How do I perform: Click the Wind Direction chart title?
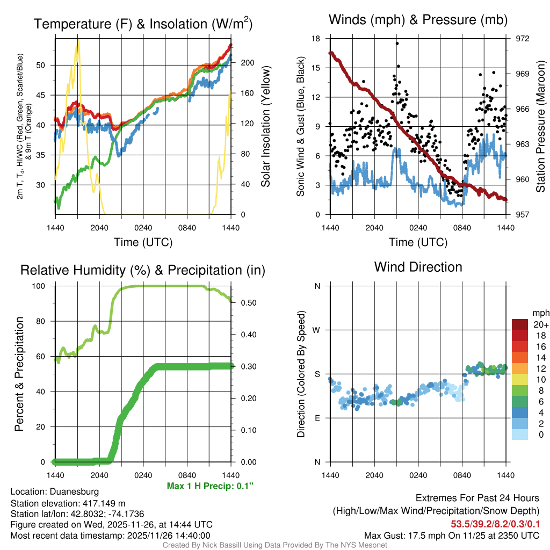click(x=418, y=267)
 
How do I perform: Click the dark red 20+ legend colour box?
click(x=520, y=324)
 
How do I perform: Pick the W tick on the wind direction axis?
click(x=317, y=330)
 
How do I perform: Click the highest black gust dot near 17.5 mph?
click(x=397, y=44)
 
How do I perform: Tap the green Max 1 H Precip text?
click(x=210, y=486)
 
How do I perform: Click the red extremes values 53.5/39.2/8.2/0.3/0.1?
click(x=495, y=524)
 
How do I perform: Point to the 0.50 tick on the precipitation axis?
click(x=245, y=302)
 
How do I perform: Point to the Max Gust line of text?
click(x=451, y=535)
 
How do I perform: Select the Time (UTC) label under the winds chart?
click(x=418, y=242)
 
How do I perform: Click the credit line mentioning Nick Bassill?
click(x=274, y=545)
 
